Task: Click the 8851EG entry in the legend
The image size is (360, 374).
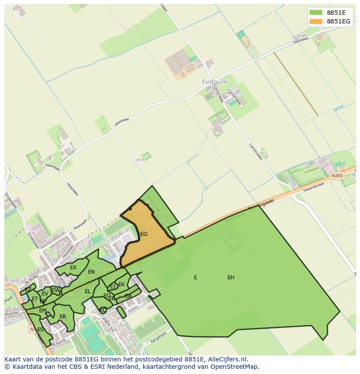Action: [x=338, y=21]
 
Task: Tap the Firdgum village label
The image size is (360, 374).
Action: [x=212, y=82]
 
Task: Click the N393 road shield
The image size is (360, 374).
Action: [x=337, y=176]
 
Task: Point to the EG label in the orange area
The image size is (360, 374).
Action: [x=144, y=234]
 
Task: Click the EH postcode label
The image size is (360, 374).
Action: [x=230, y=278]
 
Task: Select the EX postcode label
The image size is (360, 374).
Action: [x=73, y=268]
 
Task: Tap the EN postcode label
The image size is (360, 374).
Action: [x=91, y=272]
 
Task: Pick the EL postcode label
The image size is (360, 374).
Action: [x=88, y=291]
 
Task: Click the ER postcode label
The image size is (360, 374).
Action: [x=63, y=317]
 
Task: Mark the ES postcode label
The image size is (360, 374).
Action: [x=40, y=330]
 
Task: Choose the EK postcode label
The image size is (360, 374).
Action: [x=122, y=285]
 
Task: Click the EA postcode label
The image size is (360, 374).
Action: [x=128, y=296]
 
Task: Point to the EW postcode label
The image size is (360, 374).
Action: [x=56, y=290]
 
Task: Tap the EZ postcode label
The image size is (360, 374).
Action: [x=28, y=290]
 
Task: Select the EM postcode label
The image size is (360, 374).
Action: [x=43, y=311]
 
